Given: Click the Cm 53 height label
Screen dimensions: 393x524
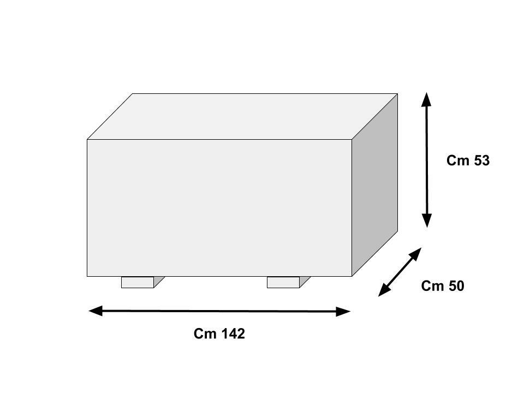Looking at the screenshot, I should tap(468, 160).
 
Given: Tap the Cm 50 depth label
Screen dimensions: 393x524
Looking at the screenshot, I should tap(442, 286).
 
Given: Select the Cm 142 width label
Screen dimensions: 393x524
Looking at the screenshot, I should tap(219, 334).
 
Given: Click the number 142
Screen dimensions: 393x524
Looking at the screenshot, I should tap(233, 334).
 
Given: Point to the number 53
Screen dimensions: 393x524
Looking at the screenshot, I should tap(481, 160).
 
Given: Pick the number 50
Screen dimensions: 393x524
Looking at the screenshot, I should tap(456, 286).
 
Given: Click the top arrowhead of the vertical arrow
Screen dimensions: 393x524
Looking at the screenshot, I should tap(427, 99).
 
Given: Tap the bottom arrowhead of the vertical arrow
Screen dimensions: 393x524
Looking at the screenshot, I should tap(427, 221).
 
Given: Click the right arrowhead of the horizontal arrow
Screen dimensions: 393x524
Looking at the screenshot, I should tap(343, 312).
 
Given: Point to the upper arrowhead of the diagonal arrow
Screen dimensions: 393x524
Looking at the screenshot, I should tap(415, 254).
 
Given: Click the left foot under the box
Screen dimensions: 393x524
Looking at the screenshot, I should tap(138, 282).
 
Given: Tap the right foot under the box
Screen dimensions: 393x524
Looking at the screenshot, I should tap(283, 282).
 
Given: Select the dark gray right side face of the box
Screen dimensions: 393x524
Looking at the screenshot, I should tap(374, 186).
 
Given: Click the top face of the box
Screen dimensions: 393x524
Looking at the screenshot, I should tap(242, 116).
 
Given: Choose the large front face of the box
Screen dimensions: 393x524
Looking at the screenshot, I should tap(219, 207).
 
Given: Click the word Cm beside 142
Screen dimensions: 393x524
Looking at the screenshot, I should tap(205, 334).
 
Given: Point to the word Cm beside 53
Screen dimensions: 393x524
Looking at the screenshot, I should tap(456, 160).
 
